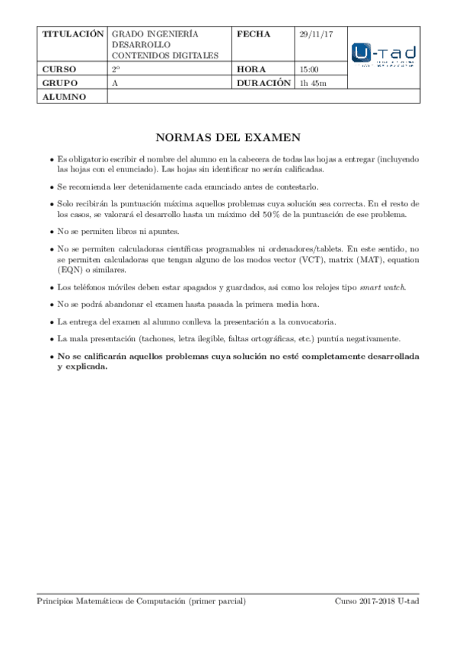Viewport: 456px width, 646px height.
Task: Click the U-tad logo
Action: [x=384, y=56]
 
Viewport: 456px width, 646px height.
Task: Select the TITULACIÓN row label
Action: [x=72, y=34]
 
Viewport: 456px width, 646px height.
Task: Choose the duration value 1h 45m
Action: [x=313, y=83]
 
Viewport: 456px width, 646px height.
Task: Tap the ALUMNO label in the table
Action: [x=64, y=97]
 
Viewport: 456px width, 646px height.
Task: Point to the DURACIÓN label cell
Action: [x=264, y=82]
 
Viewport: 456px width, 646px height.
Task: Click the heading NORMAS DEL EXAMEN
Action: [x=228, y=138]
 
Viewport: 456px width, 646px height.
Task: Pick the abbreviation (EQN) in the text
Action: [x=72, y=270]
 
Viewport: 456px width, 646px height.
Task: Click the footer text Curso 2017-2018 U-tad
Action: [x=377, y=602]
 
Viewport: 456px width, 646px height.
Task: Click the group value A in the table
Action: [x=114, y=83]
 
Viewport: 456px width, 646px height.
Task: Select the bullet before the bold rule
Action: [x=51, y=357]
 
